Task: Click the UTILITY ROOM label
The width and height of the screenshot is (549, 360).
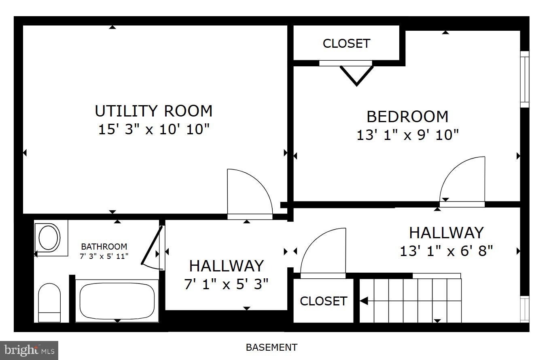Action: tap(153, 111)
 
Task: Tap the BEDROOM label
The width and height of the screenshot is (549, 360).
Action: tap(407, 116)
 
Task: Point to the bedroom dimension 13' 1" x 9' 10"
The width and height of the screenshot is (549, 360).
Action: tap(407, 135)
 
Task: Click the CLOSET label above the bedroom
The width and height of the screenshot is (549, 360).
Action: tap(346, 43)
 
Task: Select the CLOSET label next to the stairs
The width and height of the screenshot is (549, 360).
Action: tap(323, 301)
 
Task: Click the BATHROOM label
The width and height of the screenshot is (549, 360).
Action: tap(104, 246)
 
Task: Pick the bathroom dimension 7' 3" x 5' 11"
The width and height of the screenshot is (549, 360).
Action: tap(104, 256)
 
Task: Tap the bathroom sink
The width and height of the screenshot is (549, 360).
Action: tap(49, 237)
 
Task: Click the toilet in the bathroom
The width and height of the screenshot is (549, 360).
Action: tap(49, 302)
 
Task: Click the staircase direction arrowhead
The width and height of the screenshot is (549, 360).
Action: tap(364, 301)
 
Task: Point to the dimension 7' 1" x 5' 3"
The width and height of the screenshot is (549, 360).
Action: tap(226, 284)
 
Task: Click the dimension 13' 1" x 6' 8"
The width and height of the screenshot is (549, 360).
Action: tap(446, 251)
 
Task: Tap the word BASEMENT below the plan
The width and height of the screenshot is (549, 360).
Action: tap(271, 347)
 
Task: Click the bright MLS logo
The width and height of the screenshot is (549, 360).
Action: tap(29, 350)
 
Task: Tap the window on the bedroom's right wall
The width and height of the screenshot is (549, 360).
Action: tap(524, 79)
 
